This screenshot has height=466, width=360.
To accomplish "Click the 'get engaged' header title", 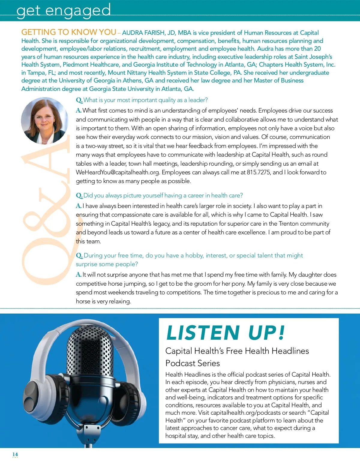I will tap(64, 11).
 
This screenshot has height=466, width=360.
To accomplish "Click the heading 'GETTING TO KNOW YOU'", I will tap(69, 32).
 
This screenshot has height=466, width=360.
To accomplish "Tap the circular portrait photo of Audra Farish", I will tap(45, 121).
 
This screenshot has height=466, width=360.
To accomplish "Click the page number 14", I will tap(15, 454).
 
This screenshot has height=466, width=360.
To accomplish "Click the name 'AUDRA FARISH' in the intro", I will tap(143, 33).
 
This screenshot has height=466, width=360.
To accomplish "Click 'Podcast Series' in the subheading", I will tap(193, 363).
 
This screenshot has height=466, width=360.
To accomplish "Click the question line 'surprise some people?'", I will tap(107, 264).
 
